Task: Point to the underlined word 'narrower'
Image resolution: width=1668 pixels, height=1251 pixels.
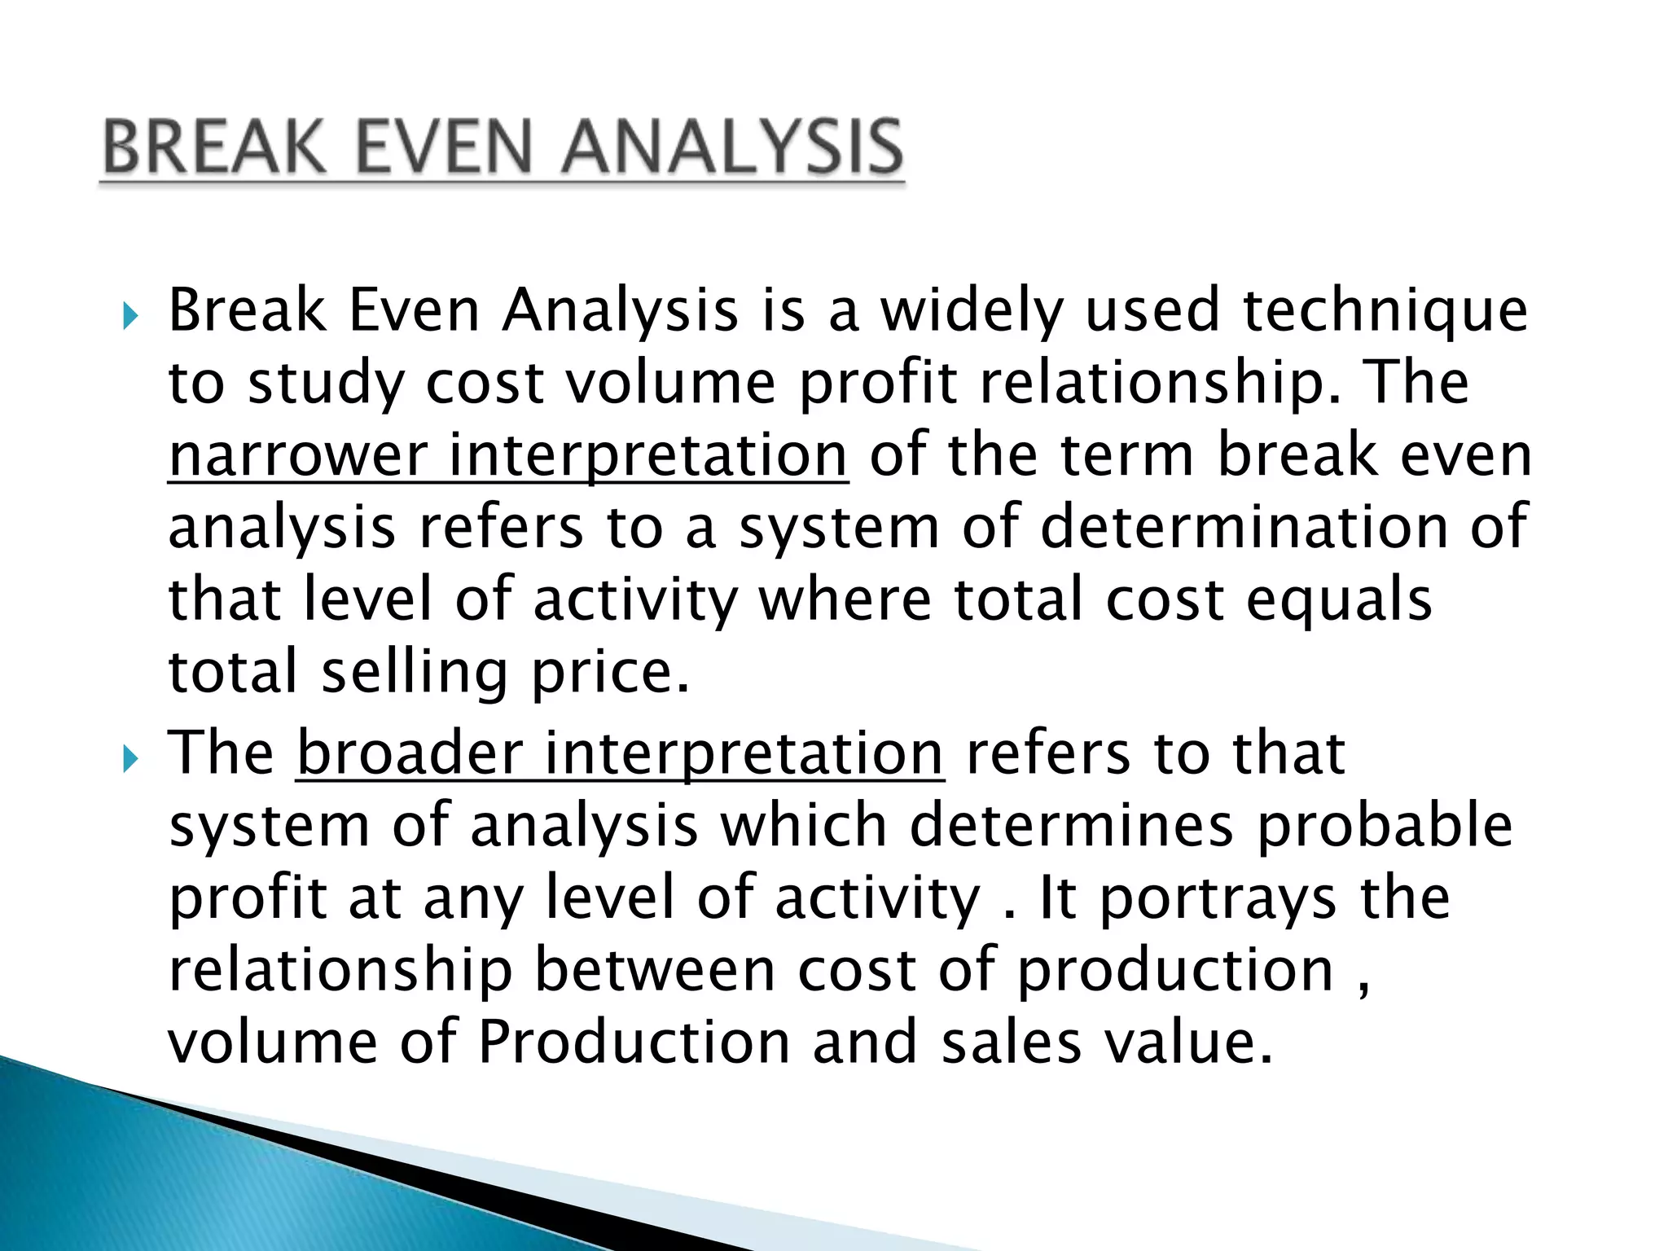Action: pos(298,455)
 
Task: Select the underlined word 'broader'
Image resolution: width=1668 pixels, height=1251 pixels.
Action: pos(410,753)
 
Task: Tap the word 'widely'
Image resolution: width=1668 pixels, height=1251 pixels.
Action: pos(972,312)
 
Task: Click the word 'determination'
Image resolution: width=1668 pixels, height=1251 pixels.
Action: pos(1244,527)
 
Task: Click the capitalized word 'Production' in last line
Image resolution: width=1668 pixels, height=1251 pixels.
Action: pos(634,1042)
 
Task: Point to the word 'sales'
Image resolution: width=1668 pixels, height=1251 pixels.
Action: pos(1011,1042)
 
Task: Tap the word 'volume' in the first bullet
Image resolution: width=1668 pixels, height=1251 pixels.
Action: pos(670,383)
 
